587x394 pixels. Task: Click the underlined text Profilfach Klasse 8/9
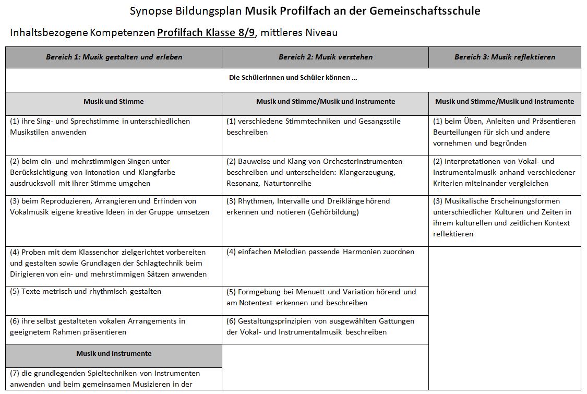(x=206, y=33)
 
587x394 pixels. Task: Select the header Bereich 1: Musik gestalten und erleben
(x=114, y=57)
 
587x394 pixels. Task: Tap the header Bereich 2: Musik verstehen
(x=325, y=57)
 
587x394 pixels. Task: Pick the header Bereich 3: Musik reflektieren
(x=505, y=57)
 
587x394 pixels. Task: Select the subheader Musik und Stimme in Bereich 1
(x=114, y=101)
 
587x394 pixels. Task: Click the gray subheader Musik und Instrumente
(x=114, y=353)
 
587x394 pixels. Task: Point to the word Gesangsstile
(x=379, y=121)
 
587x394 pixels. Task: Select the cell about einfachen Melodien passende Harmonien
(x=320, y=252)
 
